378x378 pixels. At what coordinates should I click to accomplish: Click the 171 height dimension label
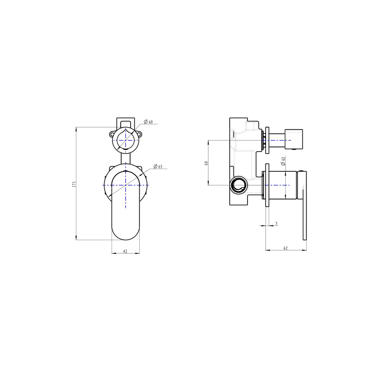click(74, 184)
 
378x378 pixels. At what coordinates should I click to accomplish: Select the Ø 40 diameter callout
click(148, 122)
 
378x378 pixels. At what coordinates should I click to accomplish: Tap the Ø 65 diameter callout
click(158, 167)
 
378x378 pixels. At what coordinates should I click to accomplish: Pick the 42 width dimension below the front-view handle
click(125, 251)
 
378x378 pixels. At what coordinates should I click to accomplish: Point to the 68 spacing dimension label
click(206, 163)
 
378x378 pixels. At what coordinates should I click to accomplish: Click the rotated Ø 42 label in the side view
click(283, 161)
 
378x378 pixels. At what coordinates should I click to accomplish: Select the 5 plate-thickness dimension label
click(276, 223)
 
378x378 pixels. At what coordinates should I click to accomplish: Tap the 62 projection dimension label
click(285, 248)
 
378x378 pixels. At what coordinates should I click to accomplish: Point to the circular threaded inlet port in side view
click(239, 184)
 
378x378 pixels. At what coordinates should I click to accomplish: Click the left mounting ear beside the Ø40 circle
click(111, 134)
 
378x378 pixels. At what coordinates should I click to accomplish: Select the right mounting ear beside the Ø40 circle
click(140, 134)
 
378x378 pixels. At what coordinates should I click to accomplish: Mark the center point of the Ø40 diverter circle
click(126, 140)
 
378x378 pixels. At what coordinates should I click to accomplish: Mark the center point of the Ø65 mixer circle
click(126, 185)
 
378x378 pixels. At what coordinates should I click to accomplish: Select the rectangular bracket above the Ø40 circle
click(126, 121)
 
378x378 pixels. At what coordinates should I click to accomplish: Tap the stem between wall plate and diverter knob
click(277, 140)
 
